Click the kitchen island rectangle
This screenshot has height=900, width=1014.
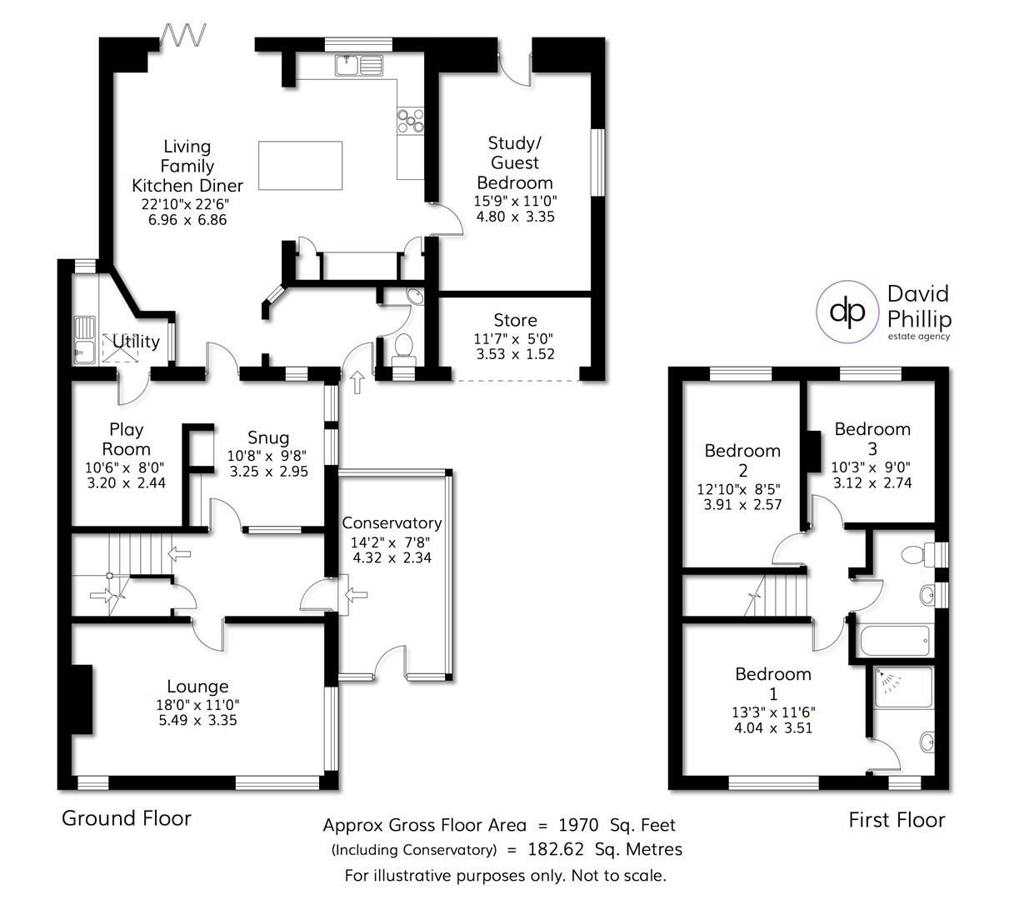[301, 166]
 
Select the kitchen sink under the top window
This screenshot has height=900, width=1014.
[359, 63]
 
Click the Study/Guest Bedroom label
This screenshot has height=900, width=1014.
[514, 162]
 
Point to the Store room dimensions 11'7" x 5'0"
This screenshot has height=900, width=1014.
[515, 338]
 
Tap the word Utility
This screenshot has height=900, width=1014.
[136, 341]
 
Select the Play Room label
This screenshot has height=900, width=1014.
[126, 439]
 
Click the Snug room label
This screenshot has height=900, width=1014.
[268, 437]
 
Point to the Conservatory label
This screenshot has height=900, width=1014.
[392, 523]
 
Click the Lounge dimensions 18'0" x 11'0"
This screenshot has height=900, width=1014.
[197, 704]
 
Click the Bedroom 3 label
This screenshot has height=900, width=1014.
[872, 438]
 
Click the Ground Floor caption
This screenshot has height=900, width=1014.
[127, 818]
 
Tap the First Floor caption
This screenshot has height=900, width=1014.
[897, 820]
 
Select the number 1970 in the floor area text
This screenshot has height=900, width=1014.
[578, 826]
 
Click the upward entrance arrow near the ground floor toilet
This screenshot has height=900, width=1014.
[358, 382]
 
